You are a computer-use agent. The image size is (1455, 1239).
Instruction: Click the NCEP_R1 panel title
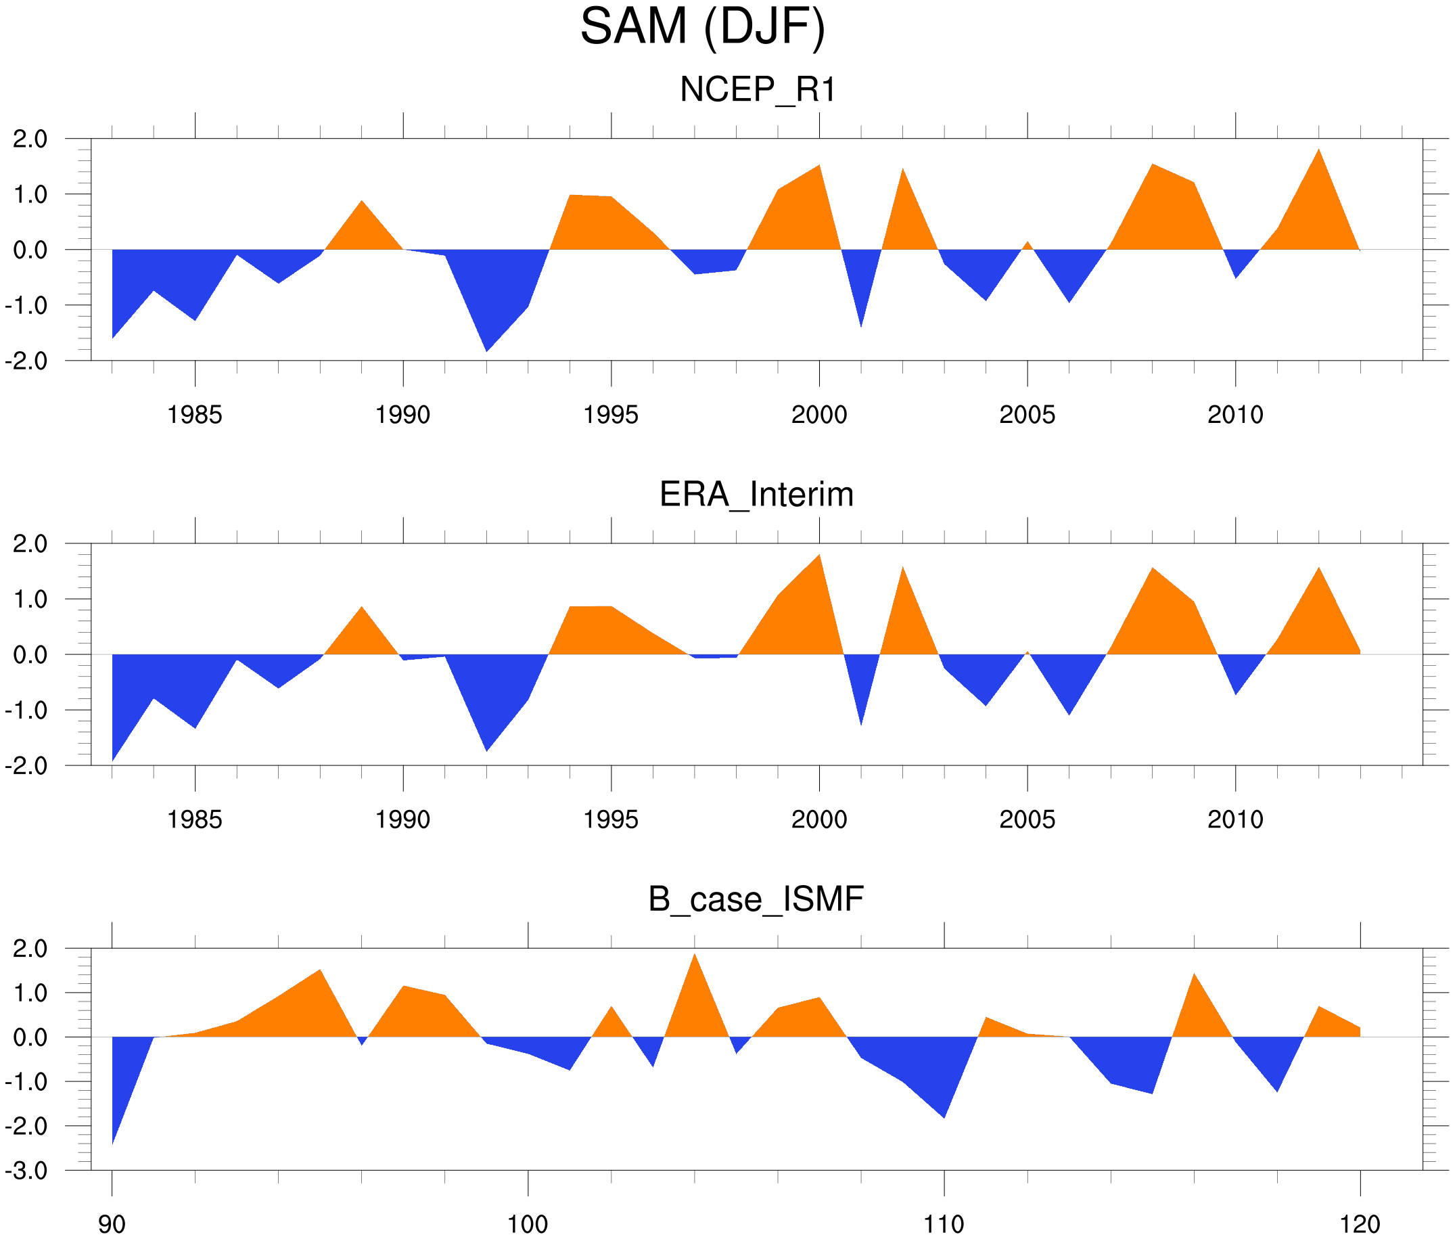pos(758,90)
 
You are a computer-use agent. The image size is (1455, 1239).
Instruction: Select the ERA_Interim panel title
pos(756,495)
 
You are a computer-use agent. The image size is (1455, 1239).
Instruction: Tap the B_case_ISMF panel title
pos(756,899)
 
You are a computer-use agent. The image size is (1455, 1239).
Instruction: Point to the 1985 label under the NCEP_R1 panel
pos(195,415)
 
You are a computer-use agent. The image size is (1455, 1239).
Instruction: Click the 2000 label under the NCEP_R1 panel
pos(818,415)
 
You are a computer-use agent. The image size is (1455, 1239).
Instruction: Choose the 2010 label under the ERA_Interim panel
pos(1235,819)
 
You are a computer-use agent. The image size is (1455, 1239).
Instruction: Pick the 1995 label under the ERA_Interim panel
pos(611,819)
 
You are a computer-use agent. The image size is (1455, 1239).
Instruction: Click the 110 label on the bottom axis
pos(944,1225)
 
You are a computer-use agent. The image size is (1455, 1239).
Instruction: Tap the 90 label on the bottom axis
pos(112,1225)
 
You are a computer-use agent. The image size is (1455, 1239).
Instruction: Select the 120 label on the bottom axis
pos(1360,1225)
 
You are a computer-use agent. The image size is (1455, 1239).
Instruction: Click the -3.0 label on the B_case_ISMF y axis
pos(26,1171)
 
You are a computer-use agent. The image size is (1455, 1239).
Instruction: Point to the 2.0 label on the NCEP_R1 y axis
pos(30,139)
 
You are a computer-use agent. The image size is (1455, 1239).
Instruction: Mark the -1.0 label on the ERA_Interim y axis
pos(26,711)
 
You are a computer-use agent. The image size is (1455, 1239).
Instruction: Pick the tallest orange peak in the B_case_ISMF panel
pos(695,983)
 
